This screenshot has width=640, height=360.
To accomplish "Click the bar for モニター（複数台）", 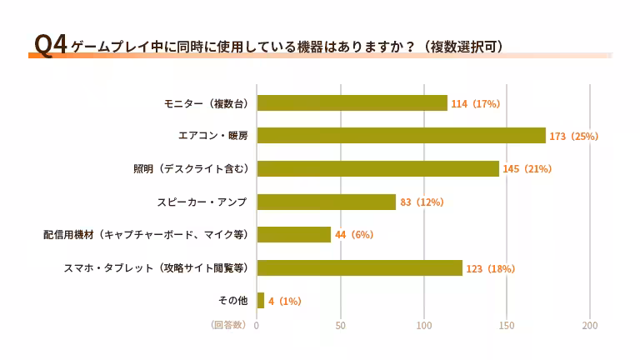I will (x=352, y=103).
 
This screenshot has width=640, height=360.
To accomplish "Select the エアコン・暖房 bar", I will (x=401, y=136).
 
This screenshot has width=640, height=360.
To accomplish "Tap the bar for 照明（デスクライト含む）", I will (x=377, y=168).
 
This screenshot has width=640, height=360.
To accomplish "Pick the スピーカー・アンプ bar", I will (x=326, y=202).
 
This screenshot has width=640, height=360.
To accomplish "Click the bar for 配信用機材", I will (x=293, y=234).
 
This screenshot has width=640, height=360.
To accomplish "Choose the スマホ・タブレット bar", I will (x=359, y=267).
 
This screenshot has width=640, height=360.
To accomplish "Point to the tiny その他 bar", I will (x=260, y=300).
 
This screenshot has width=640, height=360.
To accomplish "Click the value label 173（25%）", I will (x=574, y=136).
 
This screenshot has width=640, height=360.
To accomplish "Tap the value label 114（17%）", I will (x=475, y=103).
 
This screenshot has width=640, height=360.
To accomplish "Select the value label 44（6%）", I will (x=354, y=234).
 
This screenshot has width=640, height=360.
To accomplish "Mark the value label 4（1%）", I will (x=284, y=301).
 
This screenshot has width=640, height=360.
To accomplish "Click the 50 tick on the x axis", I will (x=340, y=325).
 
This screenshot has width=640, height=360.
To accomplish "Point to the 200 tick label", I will (x=590, y=325).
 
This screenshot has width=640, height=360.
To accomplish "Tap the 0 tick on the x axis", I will (x=257, y=325).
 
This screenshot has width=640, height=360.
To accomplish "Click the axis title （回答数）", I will (x=228, y=325).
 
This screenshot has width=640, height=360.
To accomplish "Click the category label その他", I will (x=232, y=300).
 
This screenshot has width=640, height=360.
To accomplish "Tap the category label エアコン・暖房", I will (x=213, y=136).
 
